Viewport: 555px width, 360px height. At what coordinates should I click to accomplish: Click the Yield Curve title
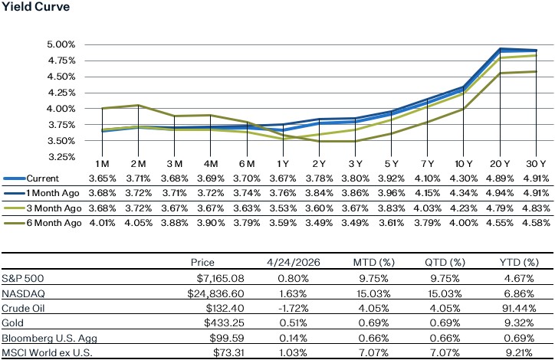(36, 8)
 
